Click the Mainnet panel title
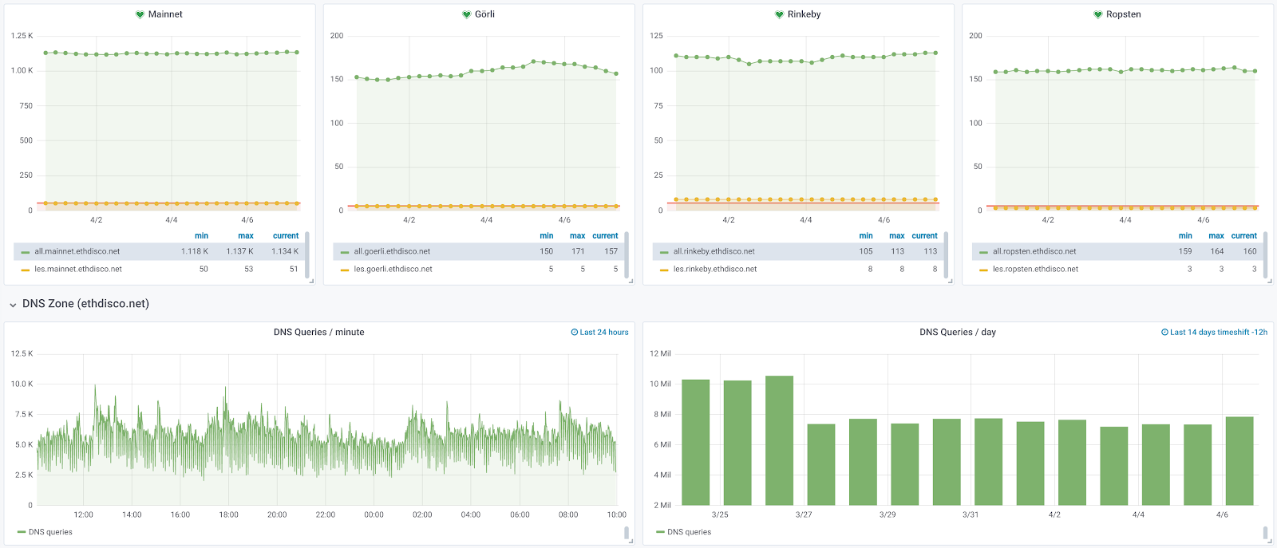tap(165, 14)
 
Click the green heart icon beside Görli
tap(466, 14)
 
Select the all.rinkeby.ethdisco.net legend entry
tap(714, 251)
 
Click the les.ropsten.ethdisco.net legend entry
tap(1035, 269)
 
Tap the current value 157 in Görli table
tap(611, 251)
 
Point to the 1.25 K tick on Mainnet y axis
tap(22, 36)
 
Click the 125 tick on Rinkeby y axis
tap(656, 36)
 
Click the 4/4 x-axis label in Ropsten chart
tap(1125, 220)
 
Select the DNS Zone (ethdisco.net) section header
tap(85, 304)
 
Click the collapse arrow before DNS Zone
tap(13, 305)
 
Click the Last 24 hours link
tap(599, 333)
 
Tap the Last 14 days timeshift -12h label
tap(1214, 333)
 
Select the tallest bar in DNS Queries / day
tap(779, 440)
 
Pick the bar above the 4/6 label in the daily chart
tap(1239, 461)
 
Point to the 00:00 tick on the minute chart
tap(374, 514)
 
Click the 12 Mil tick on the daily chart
tap(660, 353)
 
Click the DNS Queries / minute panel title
tap(318, 333)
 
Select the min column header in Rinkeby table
tap(865, 236)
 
